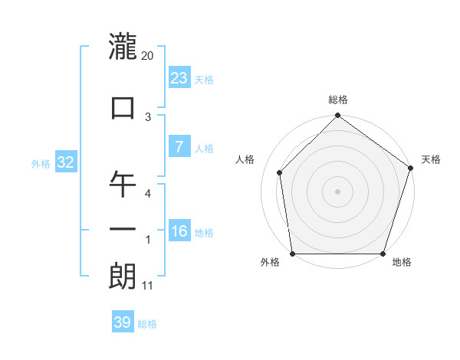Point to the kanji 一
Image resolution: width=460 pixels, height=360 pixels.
123,228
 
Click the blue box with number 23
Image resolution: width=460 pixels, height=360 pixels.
179,78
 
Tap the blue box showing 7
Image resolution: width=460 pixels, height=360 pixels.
179,147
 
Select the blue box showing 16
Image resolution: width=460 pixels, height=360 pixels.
179,231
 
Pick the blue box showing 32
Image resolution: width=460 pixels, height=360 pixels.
65,162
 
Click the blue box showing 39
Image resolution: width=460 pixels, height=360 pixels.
123,322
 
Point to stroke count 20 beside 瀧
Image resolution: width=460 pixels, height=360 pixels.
148,56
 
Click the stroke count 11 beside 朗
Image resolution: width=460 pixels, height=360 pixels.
148,286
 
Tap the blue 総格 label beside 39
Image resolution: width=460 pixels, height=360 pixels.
147,324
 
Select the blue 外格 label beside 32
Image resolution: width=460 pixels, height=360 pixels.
41,164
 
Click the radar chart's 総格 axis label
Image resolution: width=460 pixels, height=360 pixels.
337,100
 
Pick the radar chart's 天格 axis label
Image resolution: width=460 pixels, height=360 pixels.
431,159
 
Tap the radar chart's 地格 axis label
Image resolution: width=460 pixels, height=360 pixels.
402,263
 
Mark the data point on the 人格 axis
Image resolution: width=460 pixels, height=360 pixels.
280,172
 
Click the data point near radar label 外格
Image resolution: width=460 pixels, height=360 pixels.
293,254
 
